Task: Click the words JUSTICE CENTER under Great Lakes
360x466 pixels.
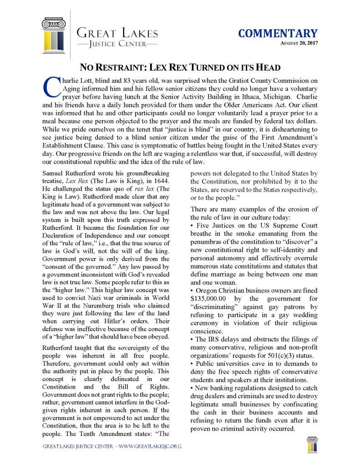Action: [x=118, y=44]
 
